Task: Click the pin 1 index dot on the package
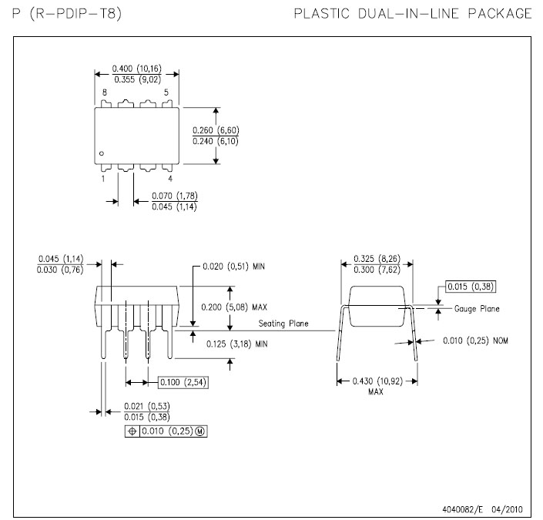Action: coord(102,153)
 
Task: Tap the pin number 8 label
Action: coord(105,92)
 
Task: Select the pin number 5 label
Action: coord(166,92)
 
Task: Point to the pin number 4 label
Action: coord(170,179)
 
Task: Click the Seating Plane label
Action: coord(283,324)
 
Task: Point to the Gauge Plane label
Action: coord(477,309)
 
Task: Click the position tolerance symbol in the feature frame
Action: coord(132,431)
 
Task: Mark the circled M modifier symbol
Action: coord(200,431)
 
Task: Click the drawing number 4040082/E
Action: coord(462,509)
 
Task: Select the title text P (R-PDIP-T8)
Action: coord(67,14)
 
